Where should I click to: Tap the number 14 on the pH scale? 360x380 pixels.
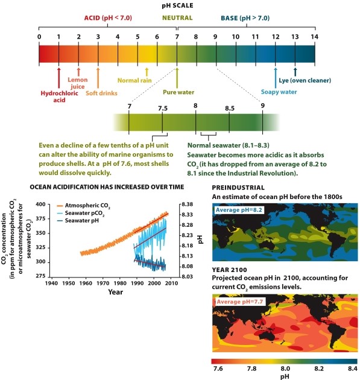(x=314, y=37)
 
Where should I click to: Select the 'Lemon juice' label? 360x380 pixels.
(x=78, y=83)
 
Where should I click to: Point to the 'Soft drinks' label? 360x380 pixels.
(x=101, y=93)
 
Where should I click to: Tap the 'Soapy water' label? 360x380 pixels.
(x=279, y=93)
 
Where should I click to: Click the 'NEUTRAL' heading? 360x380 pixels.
(x=177, y=18)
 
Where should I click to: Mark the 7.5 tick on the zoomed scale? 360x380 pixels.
(x=162, y=108)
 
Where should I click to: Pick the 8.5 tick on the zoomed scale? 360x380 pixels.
(x=229, y=108)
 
